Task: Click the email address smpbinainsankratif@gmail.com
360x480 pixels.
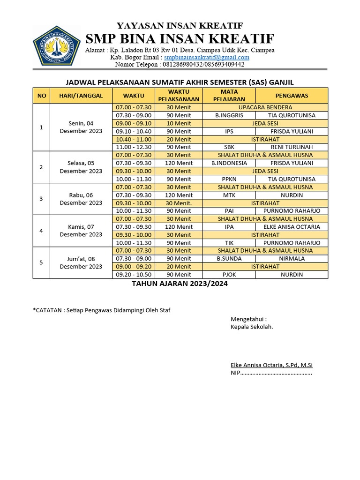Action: click(207, 57)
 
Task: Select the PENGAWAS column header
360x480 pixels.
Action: click(292, 96)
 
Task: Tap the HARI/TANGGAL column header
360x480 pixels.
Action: click(81, 96)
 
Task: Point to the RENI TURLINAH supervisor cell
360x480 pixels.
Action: click(292, 147)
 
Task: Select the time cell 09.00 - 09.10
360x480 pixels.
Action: click(134, 123)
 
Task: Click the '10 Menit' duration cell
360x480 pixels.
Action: click(179, 123)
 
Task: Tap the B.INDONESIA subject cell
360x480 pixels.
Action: click(229, 163)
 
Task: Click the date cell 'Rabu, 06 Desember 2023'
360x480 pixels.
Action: click(81, 199)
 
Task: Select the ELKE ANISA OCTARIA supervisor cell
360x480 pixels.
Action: click(292, 227)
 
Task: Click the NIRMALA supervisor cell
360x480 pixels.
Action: click(292, 259)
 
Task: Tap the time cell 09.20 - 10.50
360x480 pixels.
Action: click(134, 275)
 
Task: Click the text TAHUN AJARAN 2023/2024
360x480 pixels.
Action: click(180, 284)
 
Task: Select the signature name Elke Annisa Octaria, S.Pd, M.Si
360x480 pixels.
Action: click(271, 365)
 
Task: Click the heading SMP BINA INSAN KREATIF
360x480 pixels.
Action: click(180, 38)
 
